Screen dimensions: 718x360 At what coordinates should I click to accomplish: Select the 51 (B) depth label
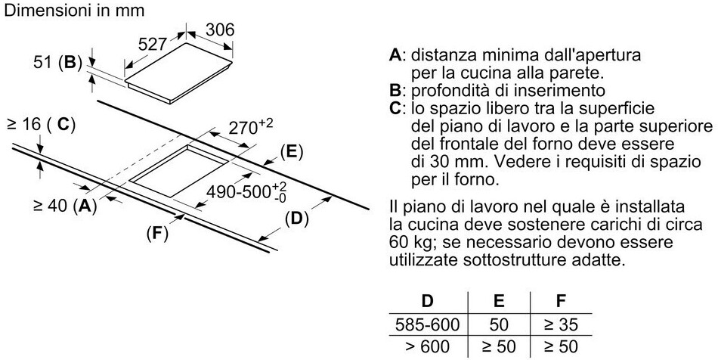pyautogui.click(x=57, y=63)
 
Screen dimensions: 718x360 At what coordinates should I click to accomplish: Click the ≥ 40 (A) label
pyautogui.click(x=65, y=204)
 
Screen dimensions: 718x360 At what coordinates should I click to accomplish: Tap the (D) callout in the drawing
pyautogui.click(x=296, y=219)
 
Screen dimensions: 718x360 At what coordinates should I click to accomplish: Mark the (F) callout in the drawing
pyautogui.click(x=156, y=234)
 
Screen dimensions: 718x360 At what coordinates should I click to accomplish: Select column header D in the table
pyautogui.click(x=428, y=302)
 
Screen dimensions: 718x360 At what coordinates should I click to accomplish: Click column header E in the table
pyautogui.click(x=498, y=302)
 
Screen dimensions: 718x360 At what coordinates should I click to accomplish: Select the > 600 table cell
pyautogui.click(x=428, y=347)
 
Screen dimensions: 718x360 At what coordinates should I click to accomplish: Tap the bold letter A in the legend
pyautogui.click(x=394, y=56)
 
